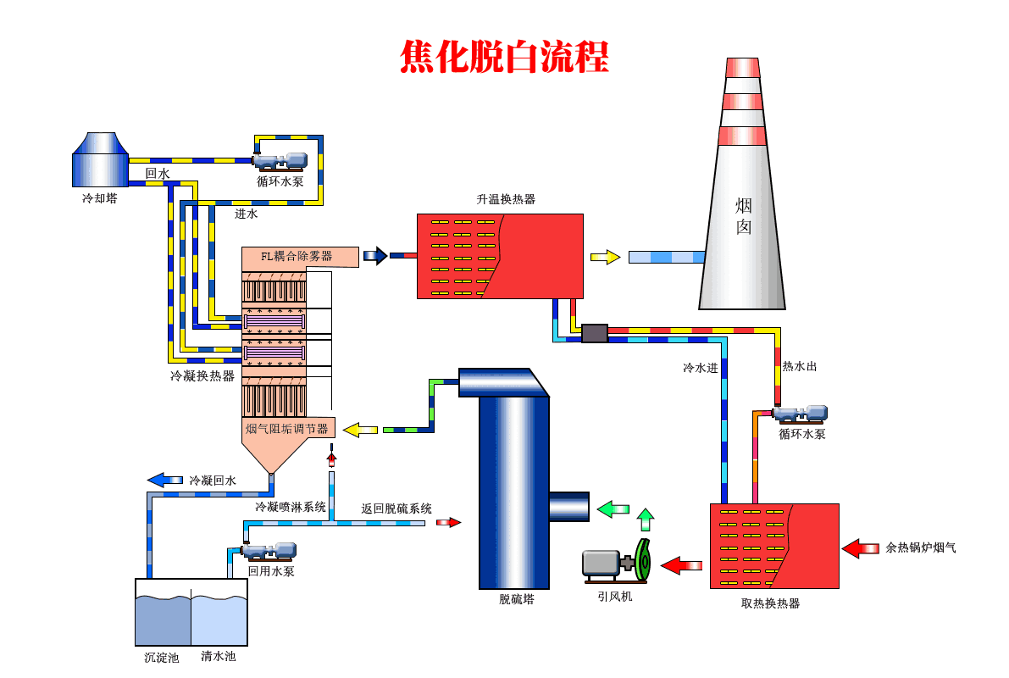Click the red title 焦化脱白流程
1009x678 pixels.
click(504, 57)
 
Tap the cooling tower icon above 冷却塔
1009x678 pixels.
click(99, 159)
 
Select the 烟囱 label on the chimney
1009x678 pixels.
click(743, 216)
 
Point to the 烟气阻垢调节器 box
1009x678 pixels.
click(288, 428)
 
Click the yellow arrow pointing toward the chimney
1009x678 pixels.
click(605, 257)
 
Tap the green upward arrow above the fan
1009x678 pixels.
click(646, 519)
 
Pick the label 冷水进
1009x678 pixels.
click(701, 368)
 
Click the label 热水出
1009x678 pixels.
click(799, 366)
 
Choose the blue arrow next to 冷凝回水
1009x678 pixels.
click(164, 480)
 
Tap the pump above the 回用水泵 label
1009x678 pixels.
click(269, 552)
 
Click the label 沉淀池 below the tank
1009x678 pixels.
click(161, 657)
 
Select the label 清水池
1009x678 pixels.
click(218, 656)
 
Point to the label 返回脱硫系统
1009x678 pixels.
click(396, 508)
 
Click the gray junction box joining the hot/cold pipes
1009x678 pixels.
click(595, 333)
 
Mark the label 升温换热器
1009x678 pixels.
click(506, 199)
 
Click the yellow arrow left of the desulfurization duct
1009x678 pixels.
click(360, 430)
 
